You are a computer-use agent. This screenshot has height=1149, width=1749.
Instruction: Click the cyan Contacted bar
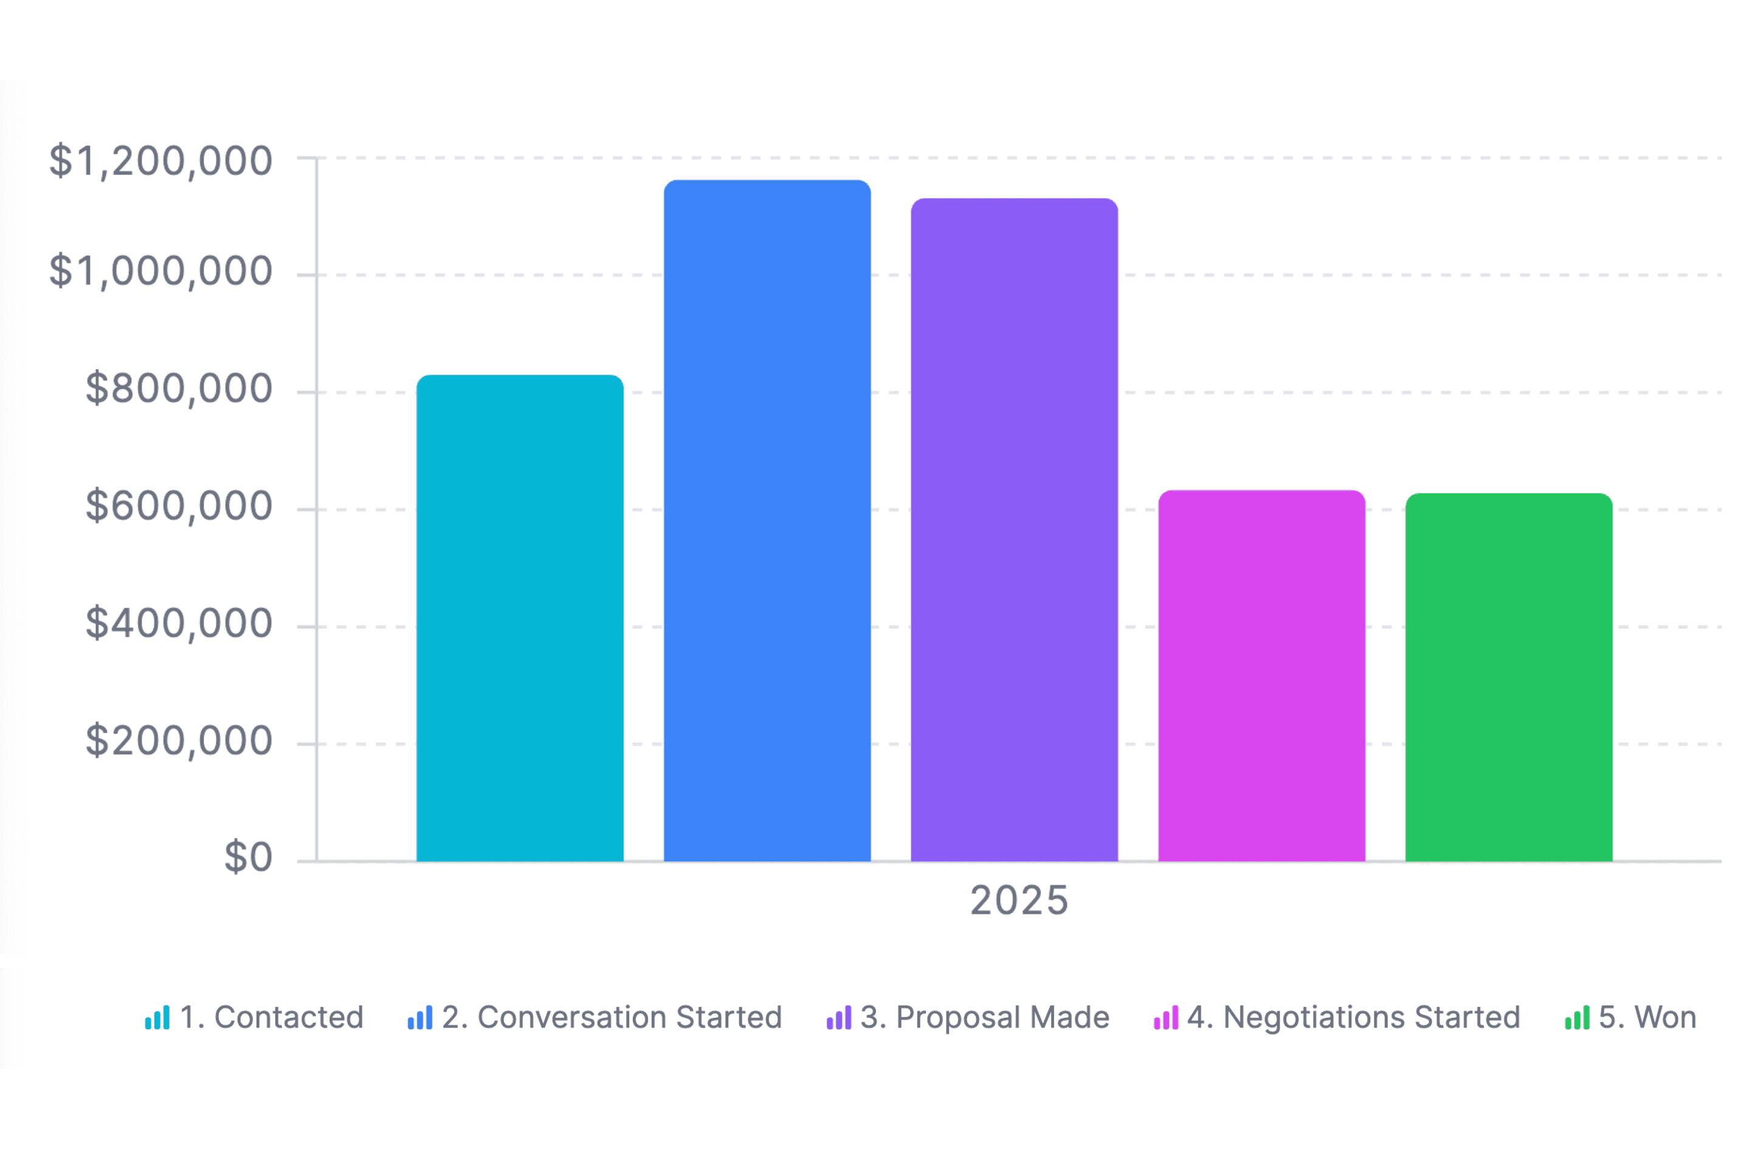click(520, 618)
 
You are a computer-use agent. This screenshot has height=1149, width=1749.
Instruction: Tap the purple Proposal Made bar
click(1014, 530)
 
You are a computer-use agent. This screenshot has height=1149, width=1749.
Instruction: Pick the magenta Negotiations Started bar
click(1262, 675)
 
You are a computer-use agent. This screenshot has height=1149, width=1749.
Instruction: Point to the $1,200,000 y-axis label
click(161, 161)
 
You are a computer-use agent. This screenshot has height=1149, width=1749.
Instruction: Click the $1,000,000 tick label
click(161, 271)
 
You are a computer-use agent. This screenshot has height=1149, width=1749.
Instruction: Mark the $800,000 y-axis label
click(179, 389)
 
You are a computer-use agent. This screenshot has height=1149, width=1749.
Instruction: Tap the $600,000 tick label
click(179, 506)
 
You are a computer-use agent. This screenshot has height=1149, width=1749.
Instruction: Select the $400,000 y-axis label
click(179, 624)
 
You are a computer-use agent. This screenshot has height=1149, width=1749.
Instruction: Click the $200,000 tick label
click(179, 741)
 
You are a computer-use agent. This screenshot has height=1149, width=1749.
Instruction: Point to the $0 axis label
click(249, 857)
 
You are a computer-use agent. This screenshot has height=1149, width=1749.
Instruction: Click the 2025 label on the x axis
click(1019, 900)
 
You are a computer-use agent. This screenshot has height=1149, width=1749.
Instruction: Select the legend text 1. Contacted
click(272, 1018)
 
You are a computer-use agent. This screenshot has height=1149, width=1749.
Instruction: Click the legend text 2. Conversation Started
click(612, 1018)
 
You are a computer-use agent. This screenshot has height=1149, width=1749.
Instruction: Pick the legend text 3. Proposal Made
click(985, 1018)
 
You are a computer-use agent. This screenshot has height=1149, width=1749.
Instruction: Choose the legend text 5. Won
click(1647, 1018)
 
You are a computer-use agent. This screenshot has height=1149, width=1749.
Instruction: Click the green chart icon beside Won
click(1577, 1018)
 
